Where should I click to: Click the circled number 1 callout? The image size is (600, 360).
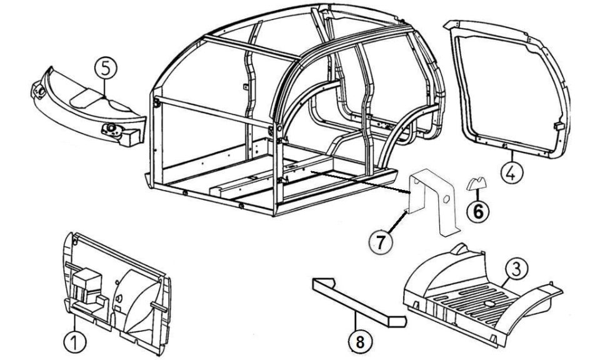75,342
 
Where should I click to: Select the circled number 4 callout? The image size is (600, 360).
511,173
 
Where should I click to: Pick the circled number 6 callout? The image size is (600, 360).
478,211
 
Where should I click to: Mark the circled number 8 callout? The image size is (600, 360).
360,342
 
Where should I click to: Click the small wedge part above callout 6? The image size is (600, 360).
476,184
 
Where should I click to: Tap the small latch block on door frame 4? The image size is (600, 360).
559,126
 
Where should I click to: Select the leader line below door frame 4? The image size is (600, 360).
511,156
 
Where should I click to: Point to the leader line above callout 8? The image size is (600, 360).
357,321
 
